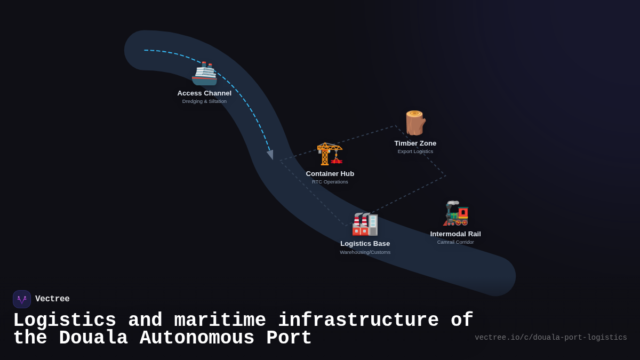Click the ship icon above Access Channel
tap(204, 74)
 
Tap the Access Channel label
tap(204, 93)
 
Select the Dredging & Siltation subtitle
tap(204, 101)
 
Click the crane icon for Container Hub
tap(330, 154)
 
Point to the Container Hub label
tap(330, 174)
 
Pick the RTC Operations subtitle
tap(330, 182)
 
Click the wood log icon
tap(415, 123)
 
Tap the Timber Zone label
tap(415, 143)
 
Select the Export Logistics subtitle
tap(415, 151)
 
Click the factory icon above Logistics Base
tap(365, 224)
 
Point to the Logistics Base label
tap(365, 244)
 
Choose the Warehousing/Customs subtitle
tap(365, 252)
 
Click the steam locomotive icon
tap(456, 213)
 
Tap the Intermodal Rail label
tap(455, 234)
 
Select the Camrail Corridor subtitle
tap(455, 242)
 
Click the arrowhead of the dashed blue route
tap(270, 155)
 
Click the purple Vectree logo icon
tap(22, 299)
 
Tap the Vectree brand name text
tap(52, 299)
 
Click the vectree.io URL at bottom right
tap(550, 338)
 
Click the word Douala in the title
tap(93, 338)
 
